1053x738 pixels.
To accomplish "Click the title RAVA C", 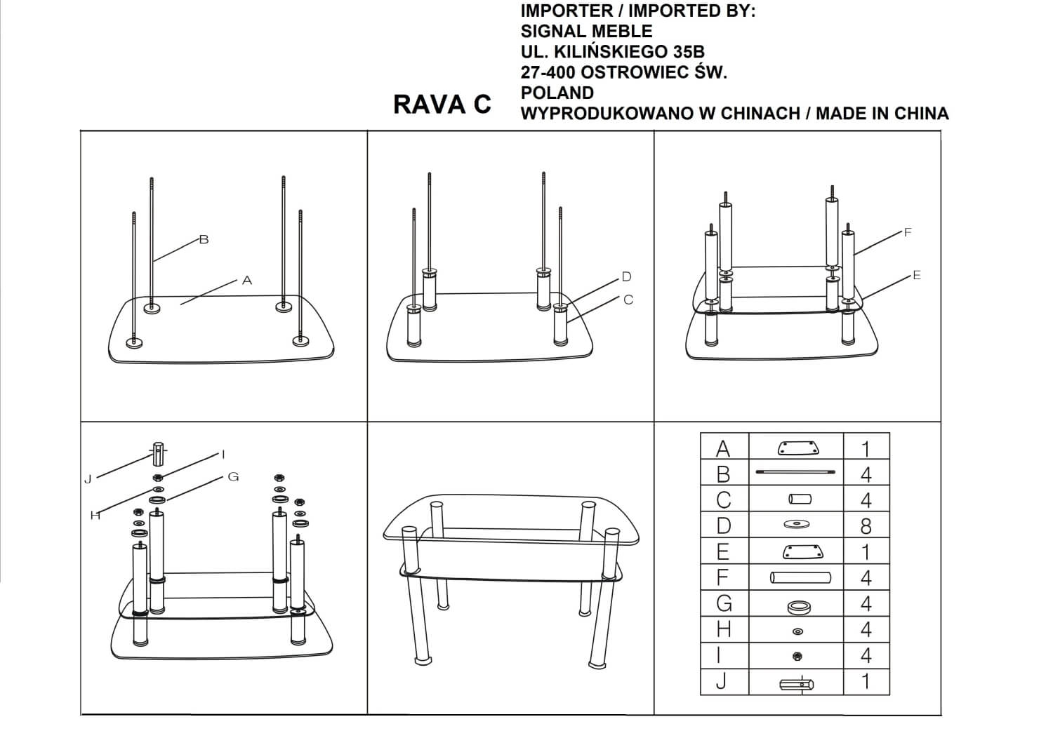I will pyautogui.click(x=442, y=105).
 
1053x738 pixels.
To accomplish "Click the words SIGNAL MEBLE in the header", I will pyautogui.click(x=586, y=32).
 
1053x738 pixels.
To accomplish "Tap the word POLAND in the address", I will pyautogui.click(x=557, y=93).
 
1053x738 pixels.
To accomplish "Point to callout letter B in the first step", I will pyautogui.click(x=204, y=240).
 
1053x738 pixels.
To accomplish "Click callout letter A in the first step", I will pyautogui.click(x=246, y=281).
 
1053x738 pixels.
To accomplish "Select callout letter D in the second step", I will pyautogui.click(x=626, y=277).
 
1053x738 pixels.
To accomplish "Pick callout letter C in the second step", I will pyautogui.click(x=628, y=300).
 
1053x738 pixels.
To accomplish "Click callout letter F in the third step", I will pyautogui.click(x=908, y=232).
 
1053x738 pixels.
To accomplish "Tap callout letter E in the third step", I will pyautogui.click(x=916, y=276).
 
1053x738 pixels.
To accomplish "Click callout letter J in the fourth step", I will pyautogui.click(x=88, y=481).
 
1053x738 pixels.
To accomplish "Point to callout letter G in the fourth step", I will pyautogui.click(x=233, y=477).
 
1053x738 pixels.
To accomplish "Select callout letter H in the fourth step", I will pyautogui.click(x=95, y=516).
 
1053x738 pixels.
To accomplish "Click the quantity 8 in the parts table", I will pyautogui.click(x=866, y=526).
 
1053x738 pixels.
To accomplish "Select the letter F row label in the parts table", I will pyautogui.click(x=723, y=577).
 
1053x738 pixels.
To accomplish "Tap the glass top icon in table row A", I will pyautogui.click(x=797, y=448).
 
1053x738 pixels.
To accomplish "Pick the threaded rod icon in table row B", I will pyautogui.click(x=797, y=474).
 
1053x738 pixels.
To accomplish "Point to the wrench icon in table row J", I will pyautogui.click(x=797, y=684).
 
